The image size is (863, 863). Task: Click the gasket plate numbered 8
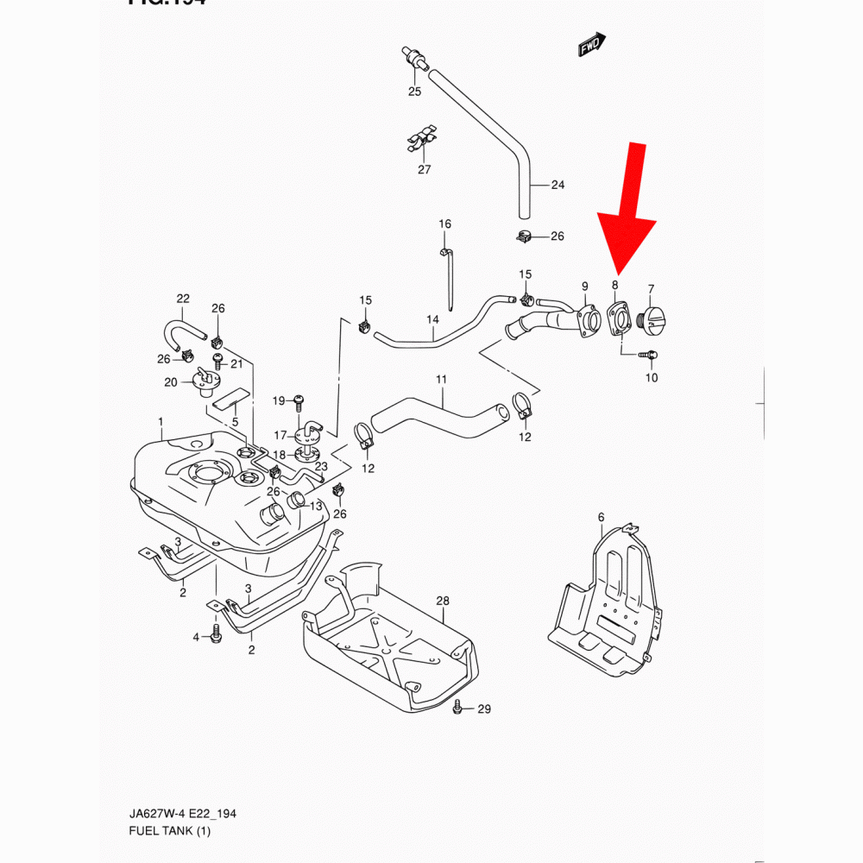[x=617, y=318]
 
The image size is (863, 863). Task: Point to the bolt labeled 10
[x=652, y=354]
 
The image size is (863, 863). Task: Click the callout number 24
[x=557, y=185]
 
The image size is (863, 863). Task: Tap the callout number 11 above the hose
[x=441, y=380]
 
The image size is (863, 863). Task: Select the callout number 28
[x=443, y=600]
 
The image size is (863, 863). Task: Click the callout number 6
[x=601, y=517]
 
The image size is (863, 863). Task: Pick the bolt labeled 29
[x=457, y=709]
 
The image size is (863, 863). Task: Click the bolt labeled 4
[x=216, y=637]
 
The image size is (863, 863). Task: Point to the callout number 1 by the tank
[x=161, y=421]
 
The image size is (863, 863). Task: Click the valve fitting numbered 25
[x=414, y=59]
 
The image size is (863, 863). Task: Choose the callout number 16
[x=444, y=224]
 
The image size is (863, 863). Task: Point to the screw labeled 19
[x=298, y=400]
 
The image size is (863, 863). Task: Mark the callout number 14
[x=432, y=319]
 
